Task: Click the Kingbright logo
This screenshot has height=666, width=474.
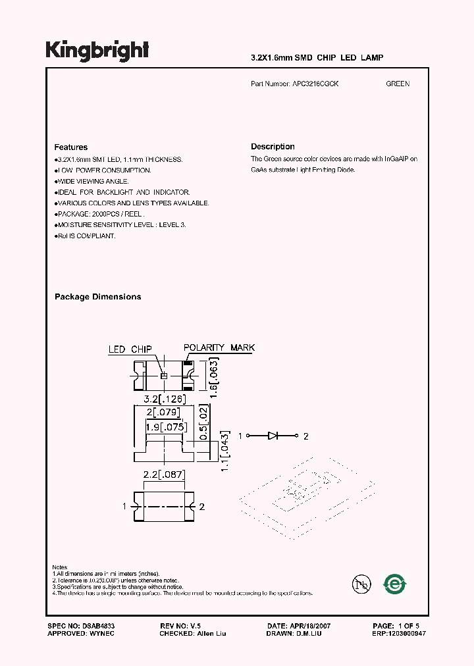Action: click(x=97, y=51)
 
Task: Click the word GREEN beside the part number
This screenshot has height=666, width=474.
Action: click(x=398, y=84)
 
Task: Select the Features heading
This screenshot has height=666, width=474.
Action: click(x=70, y=147)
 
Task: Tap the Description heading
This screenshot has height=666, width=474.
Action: click(x=273, y=147)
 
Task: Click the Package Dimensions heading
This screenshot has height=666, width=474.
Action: click(x=97, y=297)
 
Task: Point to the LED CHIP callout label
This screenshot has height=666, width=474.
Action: click(x=130, y=349)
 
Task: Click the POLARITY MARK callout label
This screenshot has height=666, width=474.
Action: click(x=219, y=347)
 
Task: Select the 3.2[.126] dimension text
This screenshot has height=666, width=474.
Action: click(x=165, y=399)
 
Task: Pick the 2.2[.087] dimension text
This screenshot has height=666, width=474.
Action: click(x=165, y=474)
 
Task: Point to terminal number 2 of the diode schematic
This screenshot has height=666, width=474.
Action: click(x=305, y=436)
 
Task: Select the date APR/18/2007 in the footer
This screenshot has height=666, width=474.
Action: click(x=307, y=625)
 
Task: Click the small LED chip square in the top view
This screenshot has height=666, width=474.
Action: click(x=165, y=375)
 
